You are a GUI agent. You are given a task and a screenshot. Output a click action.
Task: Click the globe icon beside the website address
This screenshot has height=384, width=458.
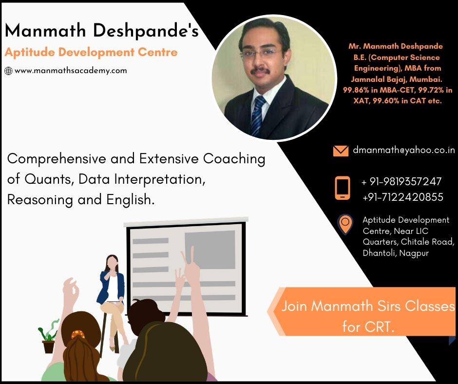coord(8,71)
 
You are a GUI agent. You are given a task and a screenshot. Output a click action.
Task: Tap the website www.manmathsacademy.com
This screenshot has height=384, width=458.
coord(71,71)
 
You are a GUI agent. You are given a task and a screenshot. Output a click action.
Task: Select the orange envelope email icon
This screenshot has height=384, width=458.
coord(341,151)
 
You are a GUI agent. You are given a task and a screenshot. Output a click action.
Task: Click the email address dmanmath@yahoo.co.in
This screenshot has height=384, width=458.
coord(404,150)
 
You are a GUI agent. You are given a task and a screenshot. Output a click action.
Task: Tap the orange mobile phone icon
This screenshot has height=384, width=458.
coord(343,188)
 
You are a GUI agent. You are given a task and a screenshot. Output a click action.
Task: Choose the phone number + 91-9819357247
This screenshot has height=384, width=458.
coord(401,181)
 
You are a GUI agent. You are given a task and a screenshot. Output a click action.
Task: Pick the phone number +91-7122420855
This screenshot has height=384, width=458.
coord(403,197)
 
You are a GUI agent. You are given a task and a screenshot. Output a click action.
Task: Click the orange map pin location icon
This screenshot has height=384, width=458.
coord(345,224)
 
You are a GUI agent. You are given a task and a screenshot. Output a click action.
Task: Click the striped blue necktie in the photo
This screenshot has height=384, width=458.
coord(257,116)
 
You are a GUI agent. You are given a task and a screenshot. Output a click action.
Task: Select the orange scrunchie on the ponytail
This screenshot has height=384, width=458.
coord(77,334)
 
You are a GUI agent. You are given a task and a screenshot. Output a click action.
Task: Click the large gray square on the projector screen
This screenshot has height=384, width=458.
coord(210,250)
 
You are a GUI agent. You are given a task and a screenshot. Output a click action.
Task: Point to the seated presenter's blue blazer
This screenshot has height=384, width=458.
coord(111,288)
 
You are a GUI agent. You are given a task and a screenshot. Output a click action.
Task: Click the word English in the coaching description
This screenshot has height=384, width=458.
coord(130,200)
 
